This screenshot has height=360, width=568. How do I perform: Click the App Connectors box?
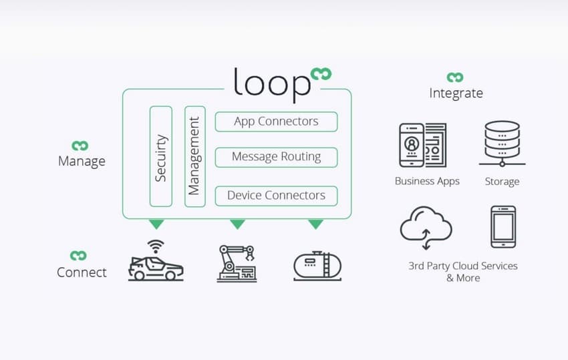(276, 122)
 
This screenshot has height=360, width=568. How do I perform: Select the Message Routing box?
(276, 157)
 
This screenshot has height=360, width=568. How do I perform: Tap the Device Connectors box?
(276, 196)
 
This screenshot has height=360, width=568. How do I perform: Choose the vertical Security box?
(161, 156)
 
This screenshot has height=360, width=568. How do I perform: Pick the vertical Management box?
(194, 156)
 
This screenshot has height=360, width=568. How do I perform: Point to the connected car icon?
(156, 266)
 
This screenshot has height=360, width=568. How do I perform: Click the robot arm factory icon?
(237, 263)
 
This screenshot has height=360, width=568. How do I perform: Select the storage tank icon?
(317, 264)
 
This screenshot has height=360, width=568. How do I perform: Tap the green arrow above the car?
(156, 224)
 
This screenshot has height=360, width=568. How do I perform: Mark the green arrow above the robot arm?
(237, 224)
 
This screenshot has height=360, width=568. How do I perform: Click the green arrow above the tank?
(315, 224)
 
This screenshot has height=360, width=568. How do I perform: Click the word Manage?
(82, 161)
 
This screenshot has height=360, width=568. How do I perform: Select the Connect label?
(82, 272)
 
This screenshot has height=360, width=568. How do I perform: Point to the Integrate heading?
(456, 93)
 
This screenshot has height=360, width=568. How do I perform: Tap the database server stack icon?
(502, 143)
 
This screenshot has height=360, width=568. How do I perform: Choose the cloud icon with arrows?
(426, 226)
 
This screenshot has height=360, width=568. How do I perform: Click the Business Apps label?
(427, 181)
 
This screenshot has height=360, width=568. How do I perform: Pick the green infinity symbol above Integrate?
(455, 77)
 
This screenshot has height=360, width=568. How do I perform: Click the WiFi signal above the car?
(156, 245)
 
